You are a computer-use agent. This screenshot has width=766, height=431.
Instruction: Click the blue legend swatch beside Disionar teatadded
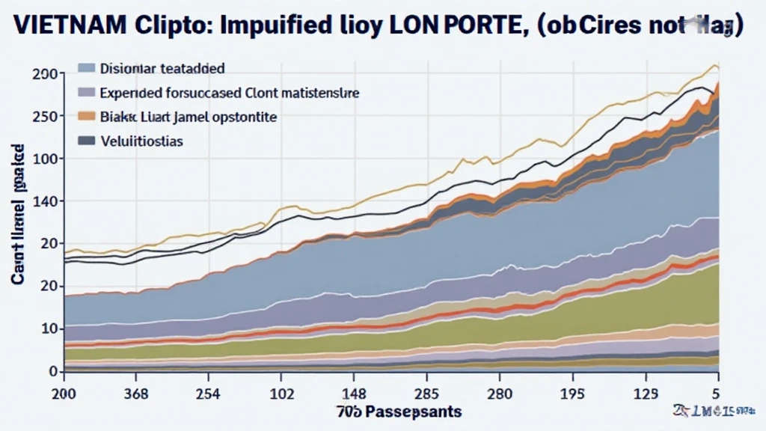coord(87,69)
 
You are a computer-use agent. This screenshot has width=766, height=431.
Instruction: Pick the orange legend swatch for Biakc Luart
coord(87,117)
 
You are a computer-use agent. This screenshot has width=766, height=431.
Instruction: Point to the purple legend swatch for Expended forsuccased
coord(87,93)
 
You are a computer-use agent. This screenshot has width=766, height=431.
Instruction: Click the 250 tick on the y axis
coord(44,116)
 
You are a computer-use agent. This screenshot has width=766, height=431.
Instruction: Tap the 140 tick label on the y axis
coord(44,201)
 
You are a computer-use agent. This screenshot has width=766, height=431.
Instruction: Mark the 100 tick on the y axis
coord(44,159)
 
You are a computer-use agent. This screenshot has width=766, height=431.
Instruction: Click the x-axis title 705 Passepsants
coord(397,412)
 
